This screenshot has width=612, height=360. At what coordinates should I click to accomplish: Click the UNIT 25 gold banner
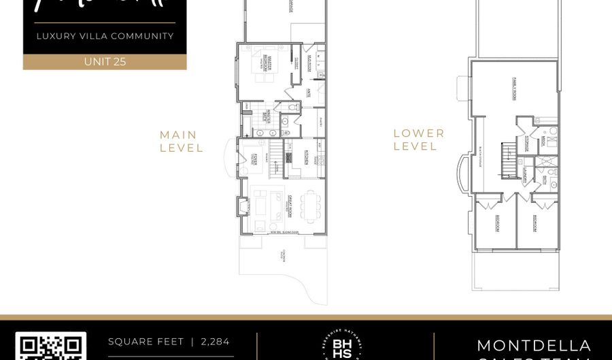pyautogui.click(x=105, y=61)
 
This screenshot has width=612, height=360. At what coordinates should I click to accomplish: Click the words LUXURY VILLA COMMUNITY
pyautogui.click(x=105, y=36)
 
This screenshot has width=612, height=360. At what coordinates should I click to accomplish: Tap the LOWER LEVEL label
pyautogui.click(x=419, y=140)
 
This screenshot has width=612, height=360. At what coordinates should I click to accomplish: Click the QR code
pyautogui.click(x=51, y=346)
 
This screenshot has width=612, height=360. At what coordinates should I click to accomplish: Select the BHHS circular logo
pyautogui.click(x=345, y=346)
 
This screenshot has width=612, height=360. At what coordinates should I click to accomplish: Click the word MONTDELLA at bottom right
pyautogui.click(x=534, y=346)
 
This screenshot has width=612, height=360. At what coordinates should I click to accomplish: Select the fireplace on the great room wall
pyautogui.click(x=243, y=206)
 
